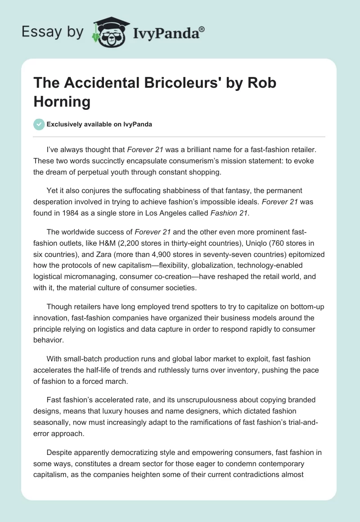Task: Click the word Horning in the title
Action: [62, 101]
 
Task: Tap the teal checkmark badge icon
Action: [39, 125]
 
